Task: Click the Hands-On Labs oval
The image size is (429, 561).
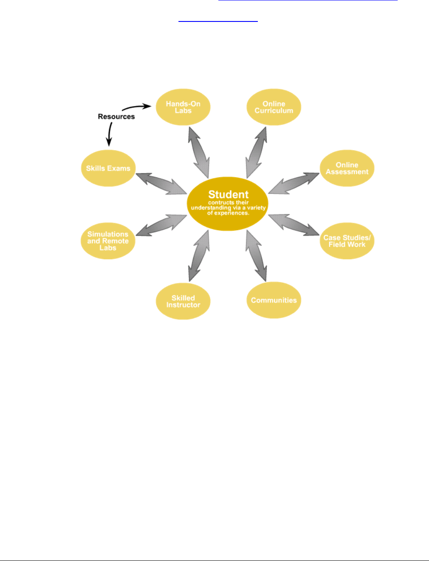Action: click(x=183, y=107)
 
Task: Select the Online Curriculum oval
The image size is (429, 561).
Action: click(x=274, y=107)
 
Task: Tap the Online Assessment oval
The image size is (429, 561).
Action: click(x=347, y=168)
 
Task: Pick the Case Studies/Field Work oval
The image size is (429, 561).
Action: click(x=347, y=241)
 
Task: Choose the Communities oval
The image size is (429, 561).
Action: click(x=274, y=300)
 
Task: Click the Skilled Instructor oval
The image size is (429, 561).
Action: click(x=183, y=301)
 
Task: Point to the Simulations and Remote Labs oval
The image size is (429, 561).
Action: click(x=108, y=241)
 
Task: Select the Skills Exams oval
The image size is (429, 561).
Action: click(x=108, y=168)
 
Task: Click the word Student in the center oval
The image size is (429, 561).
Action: click(x=228, y=194)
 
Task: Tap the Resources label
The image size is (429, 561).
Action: click(x=116, y=116)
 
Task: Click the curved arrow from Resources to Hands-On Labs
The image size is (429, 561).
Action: click(x=136, y=106)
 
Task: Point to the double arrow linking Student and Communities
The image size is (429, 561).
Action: click(x=256, y=256)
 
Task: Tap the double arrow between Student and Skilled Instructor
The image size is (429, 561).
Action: click(x=199, y=256)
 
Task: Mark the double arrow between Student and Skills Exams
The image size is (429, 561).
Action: click(x=161, y=183)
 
